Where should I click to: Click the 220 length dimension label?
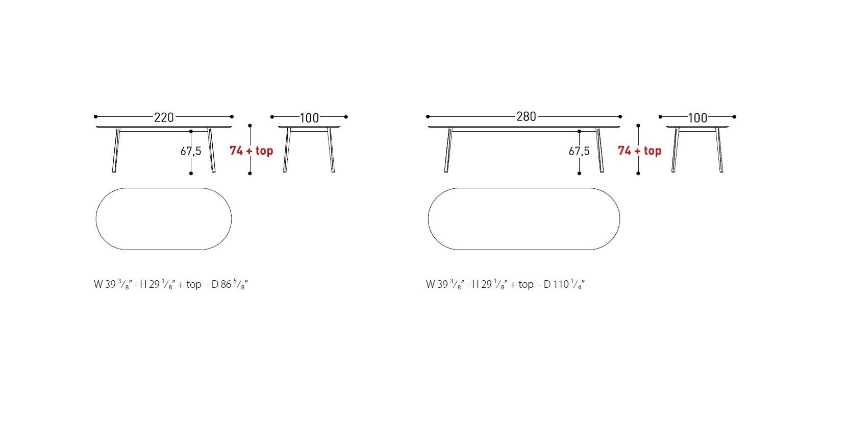[x=164, y=117]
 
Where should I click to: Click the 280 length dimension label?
[x=526, y=117]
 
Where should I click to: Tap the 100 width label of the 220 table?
[x=309, y=118]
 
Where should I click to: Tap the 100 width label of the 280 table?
[x=697, y=118]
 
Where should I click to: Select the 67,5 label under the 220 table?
[x=191, y=151]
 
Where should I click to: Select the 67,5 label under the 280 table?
[x=579, y=151]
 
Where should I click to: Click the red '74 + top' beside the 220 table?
[x=252, y=151]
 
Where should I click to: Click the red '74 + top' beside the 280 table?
[x=639, y=151]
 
